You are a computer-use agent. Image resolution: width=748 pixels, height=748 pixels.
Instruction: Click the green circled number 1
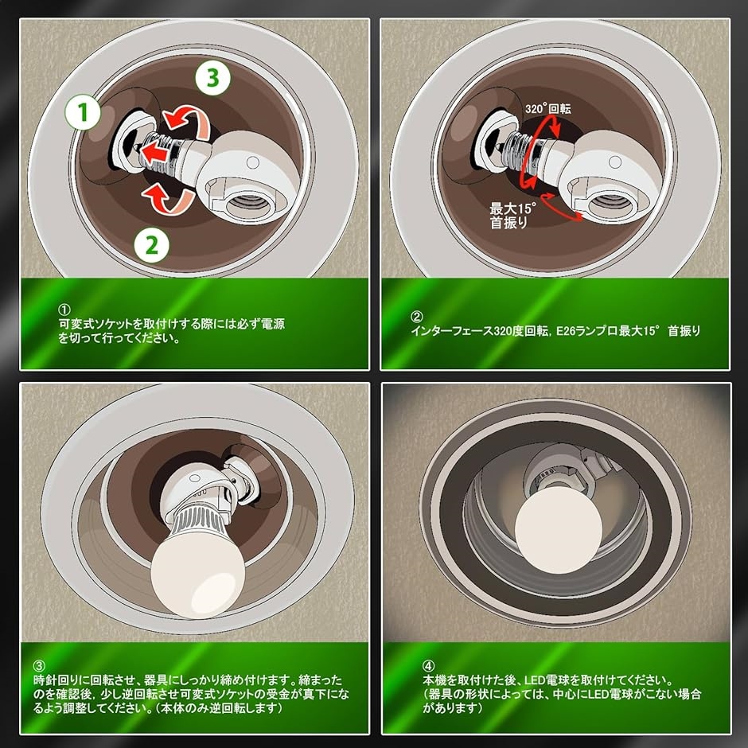click(x=80, y=115)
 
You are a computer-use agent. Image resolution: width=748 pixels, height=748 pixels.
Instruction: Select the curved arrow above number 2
click(x=166, y=200)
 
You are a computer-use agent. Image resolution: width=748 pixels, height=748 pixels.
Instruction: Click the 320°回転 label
click(x=547, y=107)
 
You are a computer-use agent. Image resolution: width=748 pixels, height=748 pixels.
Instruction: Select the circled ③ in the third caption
click(x=40, y=665)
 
